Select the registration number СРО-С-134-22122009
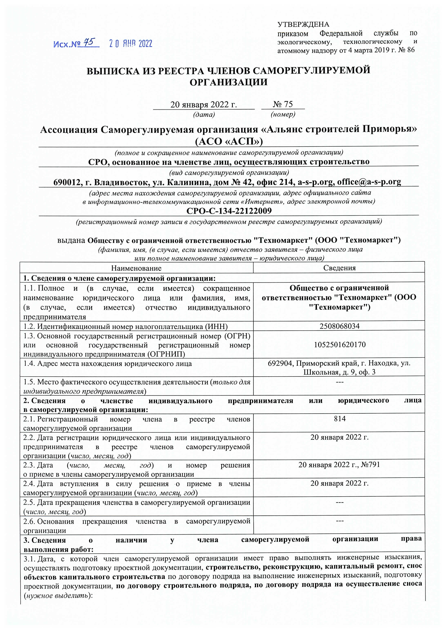click(229, 211)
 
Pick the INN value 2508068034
click(339, 326)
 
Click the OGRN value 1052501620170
click(340, 345)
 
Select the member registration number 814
click(340, 419)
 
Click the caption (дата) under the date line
click(204, 115)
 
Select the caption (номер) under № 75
click(283, 115)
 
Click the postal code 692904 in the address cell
click(280, 363)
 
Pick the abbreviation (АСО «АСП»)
click(229, 141)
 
